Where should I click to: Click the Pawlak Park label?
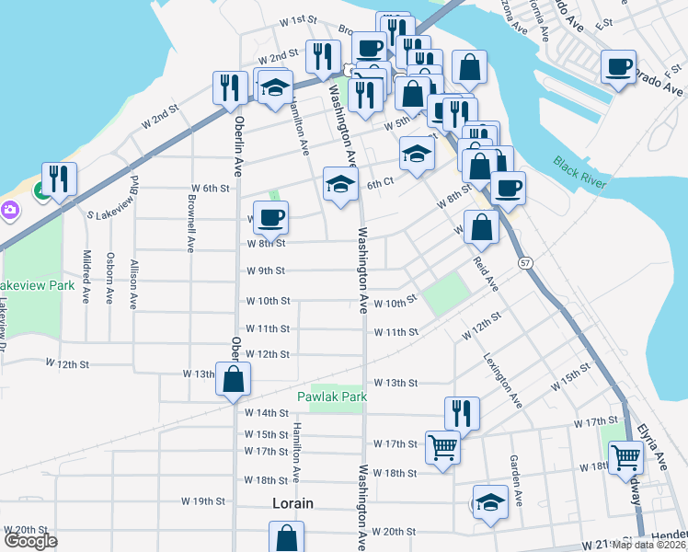[332, 397]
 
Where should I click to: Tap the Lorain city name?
[293, 503]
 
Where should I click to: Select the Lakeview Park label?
[37, 285]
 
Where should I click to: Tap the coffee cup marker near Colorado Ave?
[619, 67]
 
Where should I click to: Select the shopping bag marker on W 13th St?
[234, 378]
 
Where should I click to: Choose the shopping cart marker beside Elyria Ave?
[626, 456]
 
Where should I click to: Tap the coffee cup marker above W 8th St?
[270, 218]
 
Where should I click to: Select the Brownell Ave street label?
[191, 229]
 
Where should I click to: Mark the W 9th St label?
[266, 271]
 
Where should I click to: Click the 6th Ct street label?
[380, 184]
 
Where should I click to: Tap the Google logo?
[30, 541]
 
